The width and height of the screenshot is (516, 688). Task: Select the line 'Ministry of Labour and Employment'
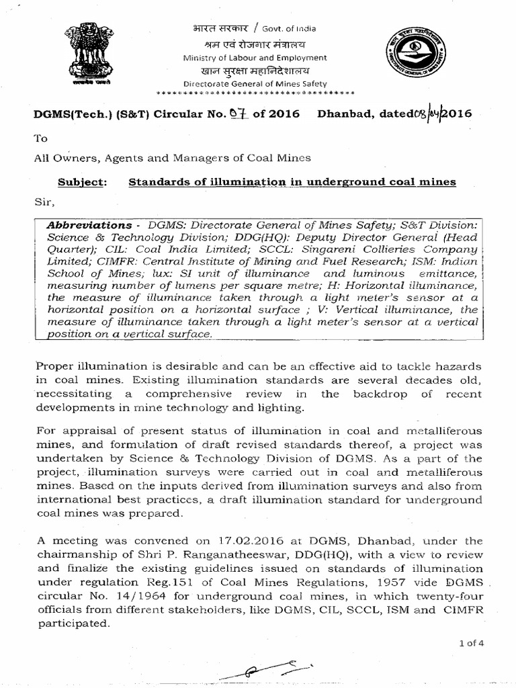(x=255, y=58)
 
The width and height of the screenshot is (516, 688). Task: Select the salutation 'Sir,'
(x=42, y=202)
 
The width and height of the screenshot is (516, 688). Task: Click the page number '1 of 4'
(x=471, y=643)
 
